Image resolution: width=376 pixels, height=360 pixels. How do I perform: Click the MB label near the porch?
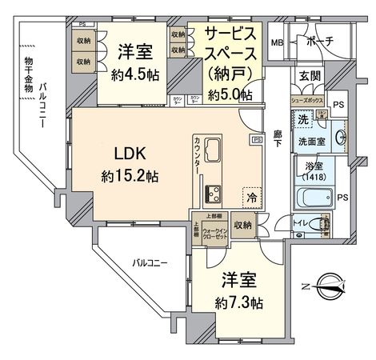(277, 42)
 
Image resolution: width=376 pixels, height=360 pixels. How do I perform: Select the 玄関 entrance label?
(310, 77)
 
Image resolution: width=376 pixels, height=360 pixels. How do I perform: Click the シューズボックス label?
(308, 102)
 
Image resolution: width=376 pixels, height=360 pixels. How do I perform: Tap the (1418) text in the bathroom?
(314, 178)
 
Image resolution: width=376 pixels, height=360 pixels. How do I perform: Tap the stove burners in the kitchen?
(214, 192)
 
